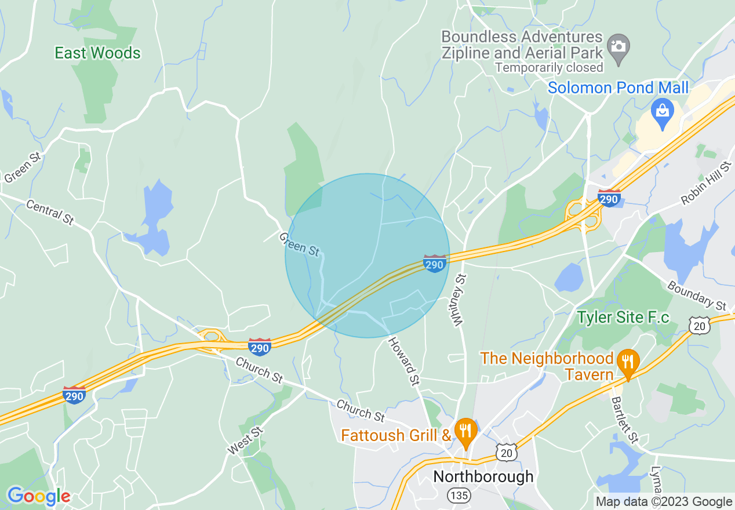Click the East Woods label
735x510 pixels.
click(x=97, y=53)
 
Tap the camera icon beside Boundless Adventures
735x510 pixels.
click(x=618, y=45)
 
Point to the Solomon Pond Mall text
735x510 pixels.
click(x=618, y=88)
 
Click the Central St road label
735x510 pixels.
click(x=50, y=212)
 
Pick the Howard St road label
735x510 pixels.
click(x=403, y=361)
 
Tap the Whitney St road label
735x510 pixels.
click(x=459, y=300)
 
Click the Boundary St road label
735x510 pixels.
click(x=696, y=295)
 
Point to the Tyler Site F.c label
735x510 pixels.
click(x=623, y=318)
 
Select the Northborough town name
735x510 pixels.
click(x=483, y=477)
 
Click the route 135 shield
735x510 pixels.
click(x=459, y=496)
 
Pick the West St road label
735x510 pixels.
click(x=245, y=440)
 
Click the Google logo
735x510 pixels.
click(x=39, y=496)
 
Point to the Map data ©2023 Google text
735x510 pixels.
click(x=664, y=502)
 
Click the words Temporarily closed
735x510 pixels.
click(x=549, y=68)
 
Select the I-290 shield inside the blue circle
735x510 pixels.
click(x=434, y=264)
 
